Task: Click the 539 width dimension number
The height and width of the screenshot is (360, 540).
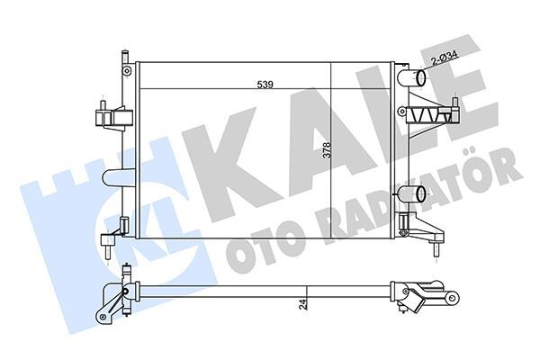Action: [x=265, y=85]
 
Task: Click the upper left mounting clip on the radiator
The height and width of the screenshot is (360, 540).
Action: [x=107, y=118]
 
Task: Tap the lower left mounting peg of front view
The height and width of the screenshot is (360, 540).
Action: [x=110, y=241]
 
